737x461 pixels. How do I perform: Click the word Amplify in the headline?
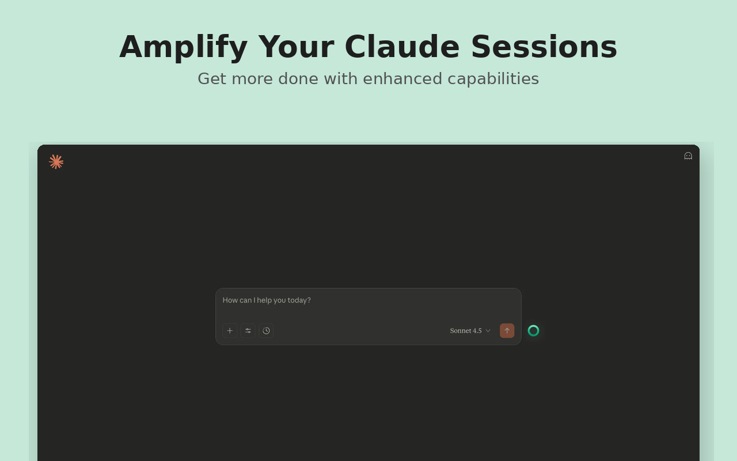[x=183, y=48]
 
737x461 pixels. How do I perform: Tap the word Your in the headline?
[x=296, y=47]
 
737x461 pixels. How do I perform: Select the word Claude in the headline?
[x=402, y=47]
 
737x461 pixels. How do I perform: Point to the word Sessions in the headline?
[x=544, y=47]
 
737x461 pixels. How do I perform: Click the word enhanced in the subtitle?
[x=402, y=79]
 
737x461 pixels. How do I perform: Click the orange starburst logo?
[x=56, y=162]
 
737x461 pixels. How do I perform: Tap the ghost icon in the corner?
[x=688, y=156]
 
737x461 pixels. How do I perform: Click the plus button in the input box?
[x=230, y=331]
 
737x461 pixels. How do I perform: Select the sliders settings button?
[x=248, y=331]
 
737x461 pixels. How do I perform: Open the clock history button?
[x=266, y=331]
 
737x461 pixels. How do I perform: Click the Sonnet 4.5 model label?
[x=466, y=331]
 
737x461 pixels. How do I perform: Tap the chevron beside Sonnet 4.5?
[x=488, y=331]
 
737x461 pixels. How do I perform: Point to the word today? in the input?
[x=299, y=300]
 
